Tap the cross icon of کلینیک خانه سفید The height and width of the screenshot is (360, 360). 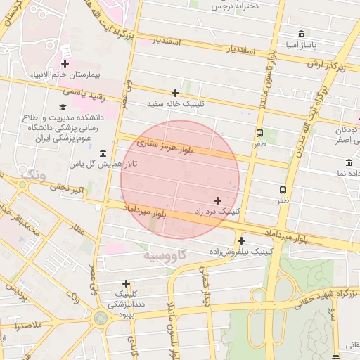click(175, 93)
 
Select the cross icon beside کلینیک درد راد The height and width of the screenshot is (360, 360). click(217, 200)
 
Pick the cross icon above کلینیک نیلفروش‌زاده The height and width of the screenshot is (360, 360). click(241, 240)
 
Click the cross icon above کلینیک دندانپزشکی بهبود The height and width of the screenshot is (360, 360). click(126, 283)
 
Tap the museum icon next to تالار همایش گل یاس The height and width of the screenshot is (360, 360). click(103, 154)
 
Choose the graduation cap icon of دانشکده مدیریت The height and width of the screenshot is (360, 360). click(63, 107)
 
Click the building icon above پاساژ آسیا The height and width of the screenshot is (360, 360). click(301, 34)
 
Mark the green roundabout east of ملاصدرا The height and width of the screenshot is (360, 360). click(100, 318)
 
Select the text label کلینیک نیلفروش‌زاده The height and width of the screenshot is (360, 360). click(241, 250)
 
